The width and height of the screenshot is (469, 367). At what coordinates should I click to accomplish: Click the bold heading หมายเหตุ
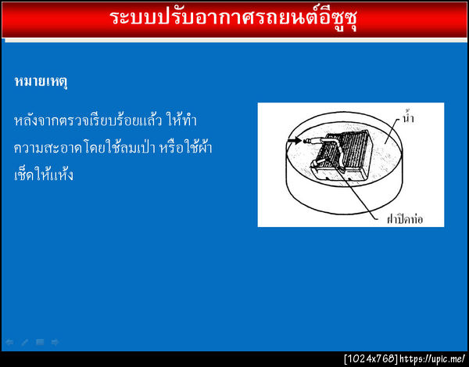point(41,81)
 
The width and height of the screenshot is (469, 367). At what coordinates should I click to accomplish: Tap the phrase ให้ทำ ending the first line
point(184,122)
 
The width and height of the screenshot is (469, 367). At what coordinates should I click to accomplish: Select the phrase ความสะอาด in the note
point(46,148)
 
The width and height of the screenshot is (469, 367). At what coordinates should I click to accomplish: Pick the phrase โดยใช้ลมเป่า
point(119,148)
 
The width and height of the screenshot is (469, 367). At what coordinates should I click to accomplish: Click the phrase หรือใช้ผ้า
point(188,148)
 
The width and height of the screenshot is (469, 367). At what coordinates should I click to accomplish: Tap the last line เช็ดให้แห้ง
point(44,174)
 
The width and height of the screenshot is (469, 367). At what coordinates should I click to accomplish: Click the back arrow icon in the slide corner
point(9,342)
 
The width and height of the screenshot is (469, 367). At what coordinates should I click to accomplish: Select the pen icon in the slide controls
point(24,342)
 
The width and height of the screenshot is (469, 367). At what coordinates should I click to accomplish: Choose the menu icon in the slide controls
point(40,342)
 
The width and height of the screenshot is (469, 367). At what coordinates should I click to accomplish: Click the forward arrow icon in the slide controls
point(55,342)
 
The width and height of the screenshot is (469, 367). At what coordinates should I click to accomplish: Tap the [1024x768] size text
point(371,359)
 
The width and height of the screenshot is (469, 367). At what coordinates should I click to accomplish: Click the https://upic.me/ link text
point(432,359)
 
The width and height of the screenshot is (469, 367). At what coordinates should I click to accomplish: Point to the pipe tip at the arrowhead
point(307,142)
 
